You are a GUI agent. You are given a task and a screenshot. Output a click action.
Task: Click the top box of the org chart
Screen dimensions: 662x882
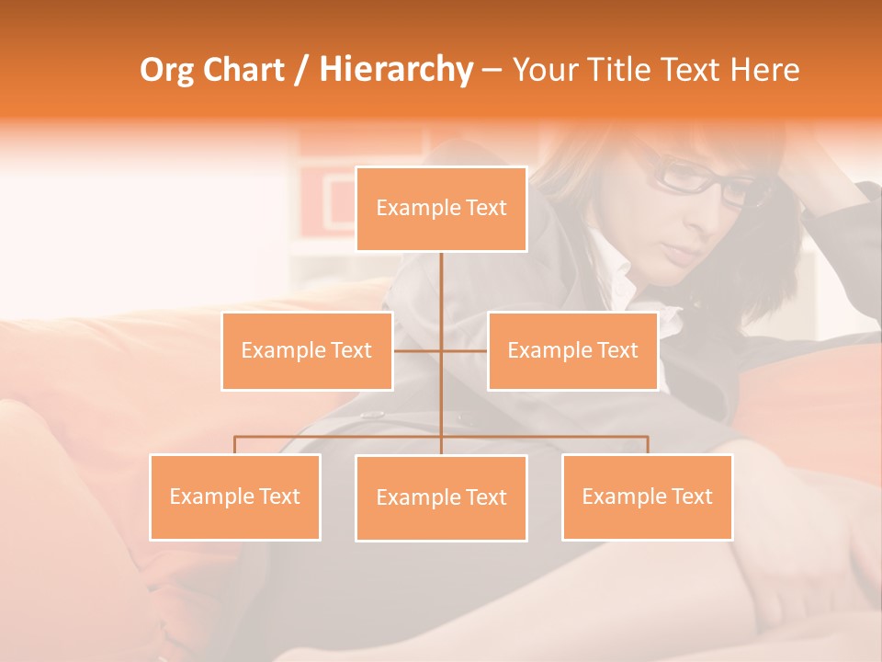tap(441, 209)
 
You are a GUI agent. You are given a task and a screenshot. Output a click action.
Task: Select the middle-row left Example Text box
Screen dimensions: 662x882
tap(307, 350)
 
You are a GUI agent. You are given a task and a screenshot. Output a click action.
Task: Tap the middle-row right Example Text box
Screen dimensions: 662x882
tap(572, 350)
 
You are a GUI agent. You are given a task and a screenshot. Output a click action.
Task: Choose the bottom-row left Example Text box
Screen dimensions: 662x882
tap(235, 496)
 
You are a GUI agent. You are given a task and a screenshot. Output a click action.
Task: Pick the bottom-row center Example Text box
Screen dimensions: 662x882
tap(441, 497)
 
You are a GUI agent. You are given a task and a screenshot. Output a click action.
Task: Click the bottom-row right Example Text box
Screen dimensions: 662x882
tap(648, 496)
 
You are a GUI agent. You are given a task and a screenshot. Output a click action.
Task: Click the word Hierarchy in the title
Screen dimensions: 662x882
tap(395, 70)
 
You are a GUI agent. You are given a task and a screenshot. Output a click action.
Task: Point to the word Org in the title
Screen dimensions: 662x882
tap(166, 70)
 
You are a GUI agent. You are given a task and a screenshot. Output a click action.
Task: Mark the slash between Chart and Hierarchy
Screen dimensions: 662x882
tap(301, 71)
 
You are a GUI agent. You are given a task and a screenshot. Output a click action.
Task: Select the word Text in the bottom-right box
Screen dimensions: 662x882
tap(691, 496)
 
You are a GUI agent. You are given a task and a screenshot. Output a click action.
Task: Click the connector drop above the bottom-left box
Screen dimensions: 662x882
tap(235, 445)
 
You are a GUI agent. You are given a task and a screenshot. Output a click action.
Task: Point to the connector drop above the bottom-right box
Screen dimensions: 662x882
tap(648, 445)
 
